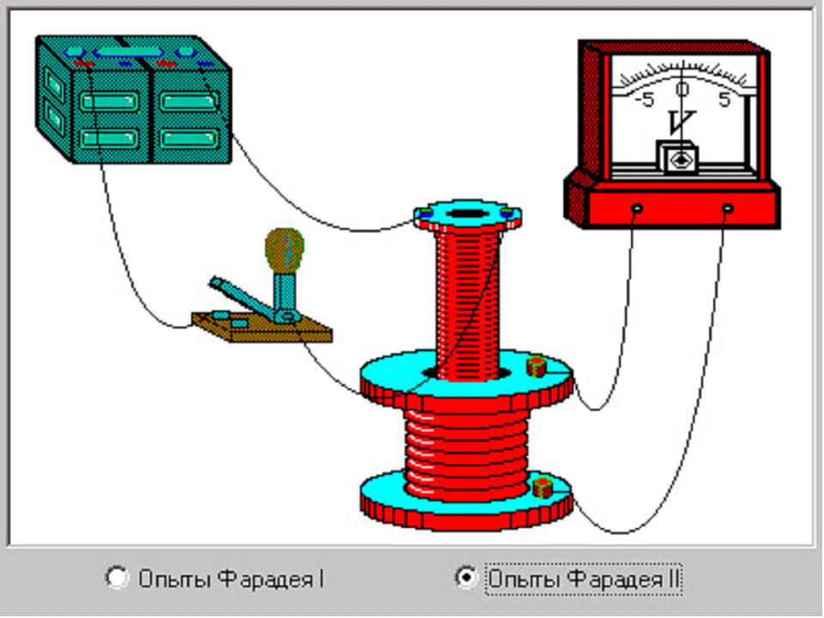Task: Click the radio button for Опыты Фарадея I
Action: pyautogui.click(x=116, y=578)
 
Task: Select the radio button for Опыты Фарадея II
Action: pyautogui.click(x=465, y=578)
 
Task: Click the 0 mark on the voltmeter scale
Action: pyautogui.click(x=683, y=89)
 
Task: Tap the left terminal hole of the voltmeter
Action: pyautogui.click(x=637, y=208)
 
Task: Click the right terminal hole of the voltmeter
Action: pyautogui.click(x=728, y=208)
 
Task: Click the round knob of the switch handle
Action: pyautogui.click(x=285, y=249)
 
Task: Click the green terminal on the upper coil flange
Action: pyautogui.click(x=537, y=368)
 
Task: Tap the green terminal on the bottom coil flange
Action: pyautogui.click(x=541, y=489)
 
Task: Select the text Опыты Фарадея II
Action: pyautogui.click(x=583, y=579)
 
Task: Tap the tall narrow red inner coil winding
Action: pyautogui.click(x=466, y=300)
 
